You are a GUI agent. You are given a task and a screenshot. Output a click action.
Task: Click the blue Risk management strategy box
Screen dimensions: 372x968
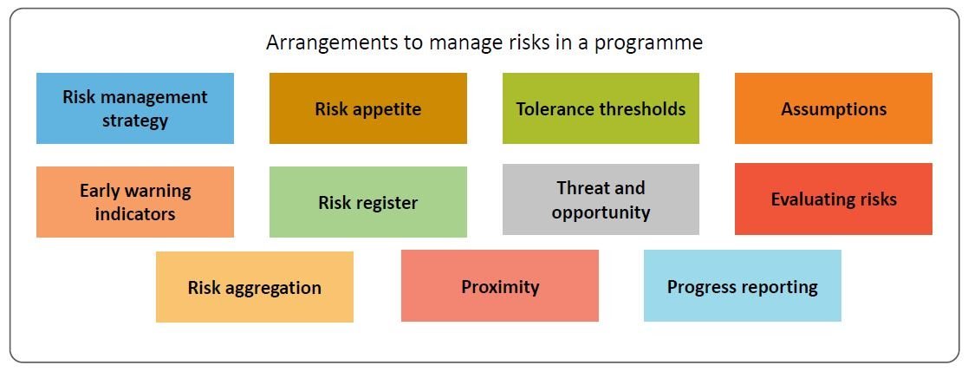[134, 108]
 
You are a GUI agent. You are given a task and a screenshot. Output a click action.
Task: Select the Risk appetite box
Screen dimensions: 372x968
[367, 108]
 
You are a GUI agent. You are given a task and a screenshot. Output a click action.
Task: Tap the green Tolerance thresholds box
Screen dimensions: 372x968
[601, 108]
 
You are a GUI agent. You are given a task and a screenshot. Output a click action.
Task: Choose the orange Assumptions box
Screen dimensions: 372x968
[833, 108]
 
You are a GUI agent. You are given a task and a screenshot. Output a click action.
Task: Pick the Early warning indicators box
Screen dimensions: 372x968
[134, 202]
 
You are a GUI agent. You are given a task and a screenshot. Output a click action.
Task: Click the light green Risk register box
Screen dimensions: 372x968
[367, 202]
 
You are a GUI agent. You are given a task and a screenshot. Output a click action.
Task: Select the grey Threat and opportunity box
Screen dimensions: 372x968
[601, 199]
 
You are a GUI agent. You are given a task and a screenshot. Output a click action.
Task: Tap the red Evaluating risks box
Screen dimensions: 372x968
[833, 199]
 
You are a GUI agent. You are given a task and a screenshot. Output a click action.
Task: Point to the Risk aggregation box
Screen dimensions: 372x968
[254, 288]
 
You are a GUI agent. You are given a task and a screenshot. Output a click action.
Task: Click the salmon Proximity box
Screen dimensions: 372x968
[499, 286]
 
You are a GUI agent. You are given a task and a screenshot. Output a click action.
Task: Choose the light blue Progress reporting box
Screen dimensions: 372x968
[742, 286]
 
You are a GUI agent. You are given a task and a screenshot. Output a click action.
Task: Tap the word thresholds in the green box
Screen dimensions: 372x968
[642, 109]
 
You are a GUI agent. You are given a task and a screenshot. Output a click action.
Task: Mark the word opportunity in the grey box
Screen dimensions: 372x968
[601, 212]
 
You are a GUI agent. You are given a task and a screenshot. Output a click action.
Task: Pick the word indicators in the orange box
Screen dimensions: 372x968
[134, 214]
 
